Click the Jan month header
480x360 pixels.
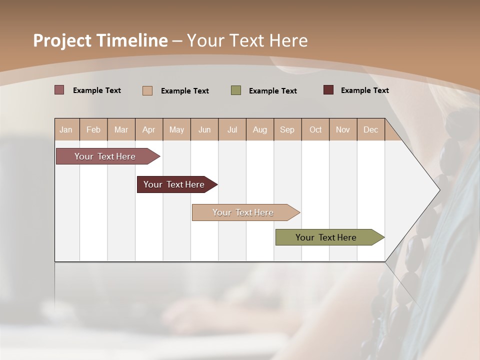66,129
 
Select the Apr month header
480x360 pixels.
148,129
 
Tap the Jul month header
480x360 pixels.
232,129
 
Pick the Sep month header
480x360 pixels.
287,129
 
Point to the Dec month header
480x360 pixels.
370,129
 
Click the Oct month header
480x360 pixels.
315,129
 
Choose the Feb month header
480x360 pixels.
93,129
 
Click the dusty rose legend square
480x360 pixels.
59,90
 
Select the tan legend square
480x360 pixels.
147,90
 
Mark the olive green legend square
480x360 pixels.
236,90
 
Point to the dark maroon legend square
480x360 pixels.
328,90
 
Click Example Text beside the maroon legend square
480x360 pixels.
364,90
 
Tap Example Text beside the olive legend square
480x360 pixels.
272,90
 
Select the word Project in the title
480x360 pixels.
61,40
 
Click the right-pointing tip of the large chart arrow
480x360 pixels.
438,189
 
